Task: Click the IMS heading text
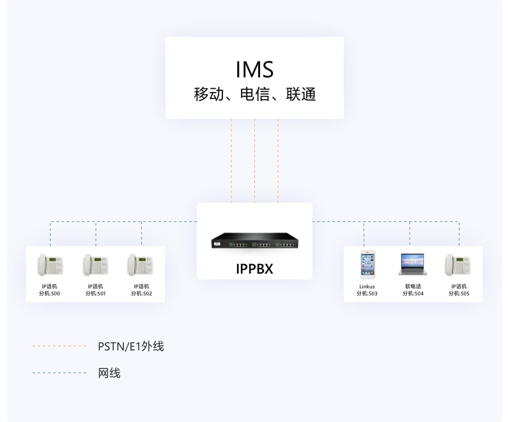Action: [x=255, y=69]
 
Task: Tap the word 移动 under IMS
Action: [x=209, y=95]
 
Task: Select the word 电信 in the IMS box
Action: [x=255, y=95]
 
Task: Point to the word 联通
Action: [x=301, y=95]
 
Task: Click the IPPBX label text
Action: [x=255, y=269]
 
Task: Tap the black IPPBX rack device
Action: [x=255, y=241]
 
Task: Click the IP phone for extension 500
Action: [x=50, y=265]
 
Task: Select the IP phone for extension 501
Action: [x=95, y=265]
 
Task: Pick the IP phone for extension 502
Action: [x=141, y=265]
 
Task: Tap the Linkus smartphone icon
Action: [x=367, y=264]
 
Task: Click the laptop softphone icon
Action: [x=412, y=265]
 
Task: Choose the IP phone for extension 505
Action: [x=458, y=265]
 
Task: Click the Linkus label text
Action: [x=367, y=286]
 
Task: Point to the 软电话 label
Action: [x=413, y=286]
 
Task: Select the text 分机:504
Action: [x=413, y=293]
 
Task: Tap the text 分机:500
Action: [x=50, y=293]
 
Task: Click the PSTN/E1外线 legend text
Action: [x=131, y=347]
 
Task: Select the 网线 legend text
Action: [x=109, y=373]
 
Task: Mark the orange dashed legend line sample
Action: [x=59, y=346]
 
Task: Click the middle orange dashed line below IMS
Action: [x=255, y=160]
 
